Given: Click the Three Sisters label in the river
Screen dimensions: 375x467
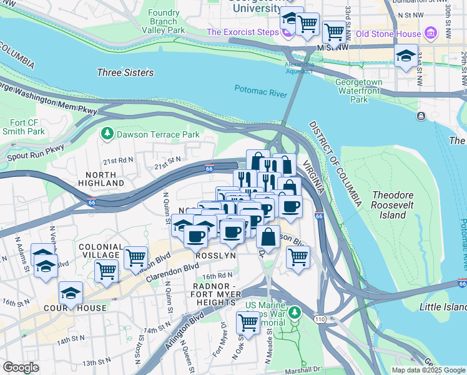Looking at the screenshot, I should tap(125, 72).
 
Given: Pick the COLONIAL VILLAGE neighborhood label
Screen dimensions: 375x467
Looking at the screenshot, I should tap(100, 250).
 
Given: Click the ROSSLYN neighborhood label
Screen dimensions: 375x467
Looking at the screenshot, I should tap(215, 256).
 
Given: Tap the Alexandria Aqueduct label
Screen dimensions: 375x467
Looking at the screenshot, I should tap(298, 67).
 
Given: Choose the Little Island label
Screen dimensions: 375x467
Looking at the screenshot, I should tap(443, 307).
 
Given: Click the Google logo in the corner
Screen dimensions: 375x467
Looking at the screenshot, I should tap(21, 367).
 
